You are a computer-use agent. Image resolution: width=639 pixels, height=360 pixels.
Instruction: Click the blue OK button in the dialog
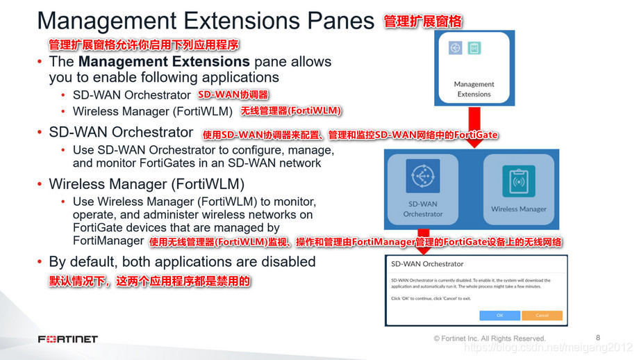[x=499, y=315]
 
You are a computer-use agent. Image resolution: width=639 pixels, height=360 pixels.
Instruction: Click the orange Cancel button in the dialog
[x=542, y=315]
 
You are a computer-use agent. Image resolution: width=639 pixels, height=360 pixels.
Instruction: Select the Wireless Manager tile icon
[x=518, y=180]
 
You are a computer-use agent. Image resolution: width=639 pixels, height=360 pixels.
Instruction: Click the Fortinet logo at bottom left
[x=67, y=339]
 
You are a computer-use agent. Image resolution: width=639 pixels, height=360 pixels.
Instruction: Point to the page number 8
[x=598, y=337]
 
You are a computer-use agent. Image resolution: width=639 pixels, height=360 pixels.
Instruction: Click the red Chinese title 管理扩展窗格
[x=423, y=22]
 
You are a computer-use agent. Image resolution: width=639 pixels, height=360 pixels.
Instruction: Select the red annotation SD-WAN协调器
[x=233, y=95]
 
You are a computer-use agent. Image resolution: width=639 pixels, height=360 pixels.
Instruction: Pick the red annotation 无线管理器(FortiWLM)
[x=292, y=111]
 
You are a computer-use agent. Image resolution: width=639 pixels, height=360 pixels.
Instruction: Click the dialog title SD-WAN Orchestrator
[x=427, y=264]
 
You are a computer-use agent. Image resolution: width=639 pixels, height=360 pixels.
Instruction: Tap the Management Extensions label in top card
[x=474, y=89]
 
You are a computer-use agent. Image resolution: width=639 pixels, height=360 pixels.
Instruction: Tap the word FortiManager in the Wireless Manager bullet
[x=108, y=240]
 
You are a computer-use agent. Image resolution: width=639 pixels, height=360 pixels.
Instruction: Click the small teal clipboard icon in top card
[x=474, y=48]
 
